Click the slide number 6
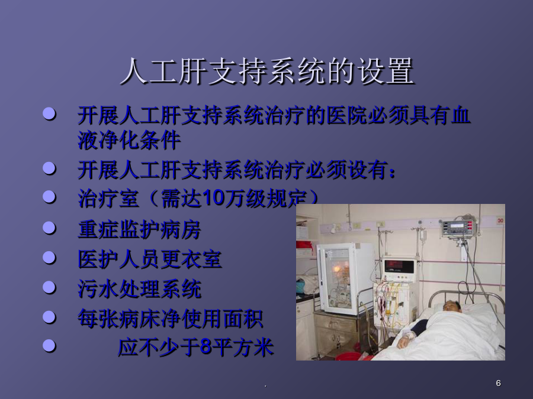498,383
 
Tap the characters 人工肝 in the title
164,72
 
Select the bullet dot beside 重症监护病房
49,228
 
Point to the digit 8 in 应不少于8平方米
206,347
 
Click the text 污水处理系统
140,289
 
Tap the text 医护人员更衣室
150,259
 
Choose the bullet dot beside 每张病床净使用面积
49,317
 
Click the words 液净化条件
129,140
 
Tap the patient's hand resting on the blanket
404,342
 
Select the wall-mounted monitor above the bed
458,228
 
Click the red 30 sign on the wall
500,220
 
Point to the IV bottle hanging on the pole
423,235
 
